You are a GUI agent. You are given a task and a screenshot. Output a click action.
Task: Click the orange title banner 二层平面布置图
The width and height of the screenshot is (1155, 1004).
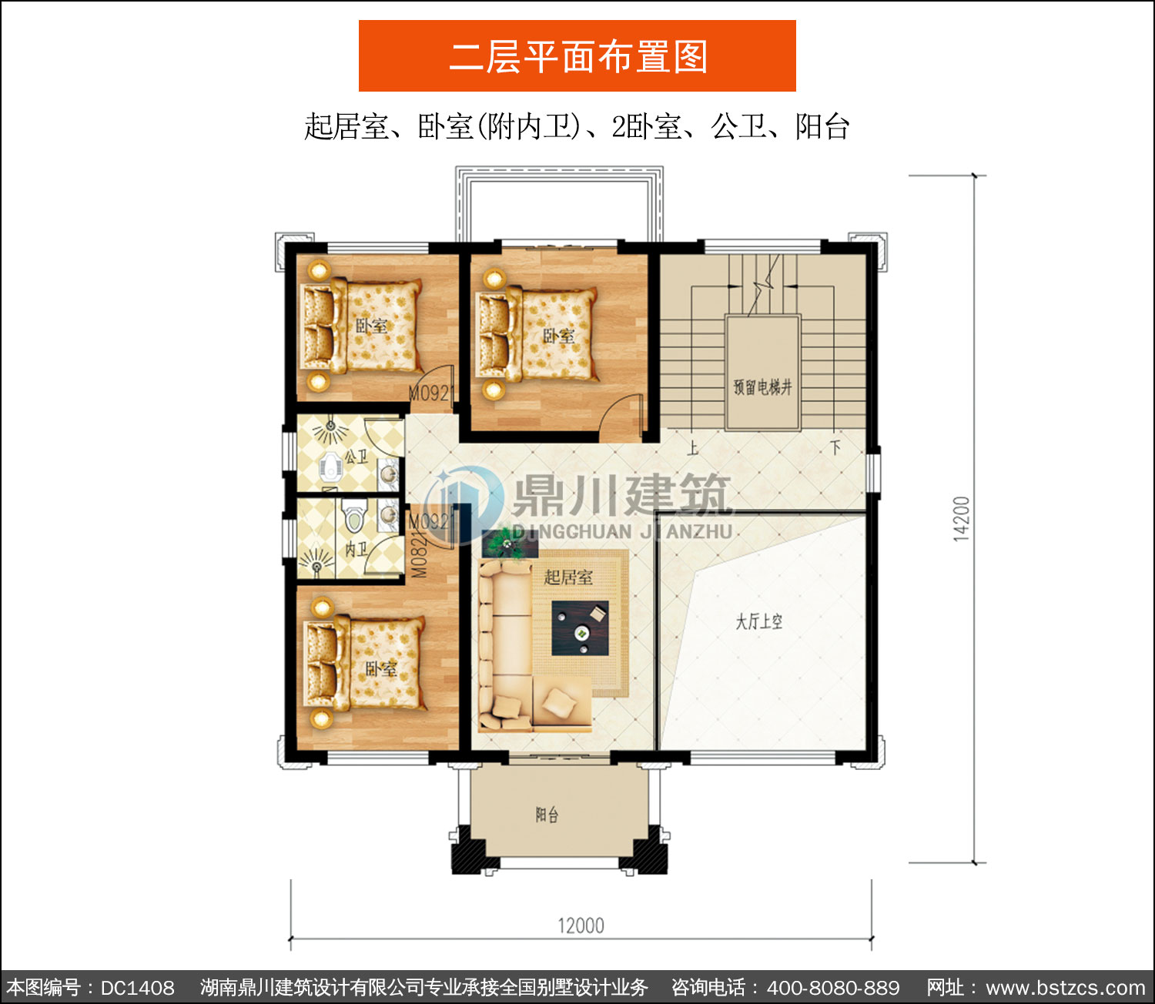(577, 56)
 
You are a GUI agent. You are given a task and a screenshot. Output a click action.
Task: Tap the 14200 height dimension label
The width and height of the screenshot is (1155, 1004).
(962, 519)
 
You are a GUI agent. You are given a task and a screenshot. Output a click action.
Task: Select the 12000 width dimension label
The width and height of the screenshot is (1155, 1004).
(581, 925)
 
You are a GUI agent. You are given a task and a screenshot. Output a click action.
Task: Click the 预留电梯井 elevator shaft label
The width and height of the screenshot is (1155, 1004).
(762, 387)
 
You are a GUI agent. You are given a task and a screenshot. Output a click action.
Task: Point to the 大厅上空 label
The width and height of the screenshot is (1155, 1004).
(758, 622)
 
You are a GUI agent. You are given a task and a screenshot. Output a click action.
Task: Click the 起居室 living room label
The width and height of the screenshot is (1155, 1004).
(568, 577)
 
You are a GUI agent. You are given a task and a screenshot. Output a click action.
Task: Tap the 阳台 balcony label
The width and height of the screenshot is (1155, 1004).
(547, 815)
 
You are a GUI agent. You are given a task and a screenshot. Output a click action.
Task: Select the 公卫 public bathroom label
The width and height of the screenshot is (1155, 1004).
(357, 456)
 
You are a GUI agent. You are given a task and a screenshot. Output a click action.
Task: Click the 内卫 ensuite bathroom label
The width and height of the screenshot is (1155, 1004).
(357, 548)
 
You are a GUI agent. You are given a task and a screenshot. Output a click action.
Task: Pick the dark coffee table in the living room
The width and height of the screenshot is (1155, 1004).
(580, 628)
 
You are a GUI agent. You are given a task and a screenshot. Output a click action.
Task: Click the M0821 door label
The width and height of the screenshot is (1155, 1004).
(419, 555)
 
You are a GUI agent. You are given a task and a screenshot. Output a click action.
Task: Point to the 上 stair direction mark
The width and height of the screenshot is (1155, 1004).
(693, 449)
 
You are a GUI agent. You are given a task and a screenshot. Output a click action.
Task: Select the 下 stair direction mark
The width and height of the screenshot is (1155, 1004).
(835, 447)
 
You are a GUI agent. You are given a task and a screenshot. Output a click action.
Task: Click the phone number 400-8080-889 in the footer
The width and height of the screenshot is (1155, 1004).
(833, 988)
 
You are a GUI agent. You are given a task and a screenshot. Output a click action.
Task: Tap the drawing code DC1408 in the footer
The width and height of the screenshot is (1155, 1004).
(137, 988)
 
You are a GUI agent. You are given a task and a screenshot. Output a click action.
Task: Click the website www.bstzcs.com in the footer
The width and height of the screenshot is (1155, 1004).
(1066, 988)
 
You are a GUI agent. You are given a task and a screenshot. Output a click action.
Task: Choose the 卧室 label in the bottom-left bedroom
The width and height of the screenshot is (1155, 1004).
(381, 669)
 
